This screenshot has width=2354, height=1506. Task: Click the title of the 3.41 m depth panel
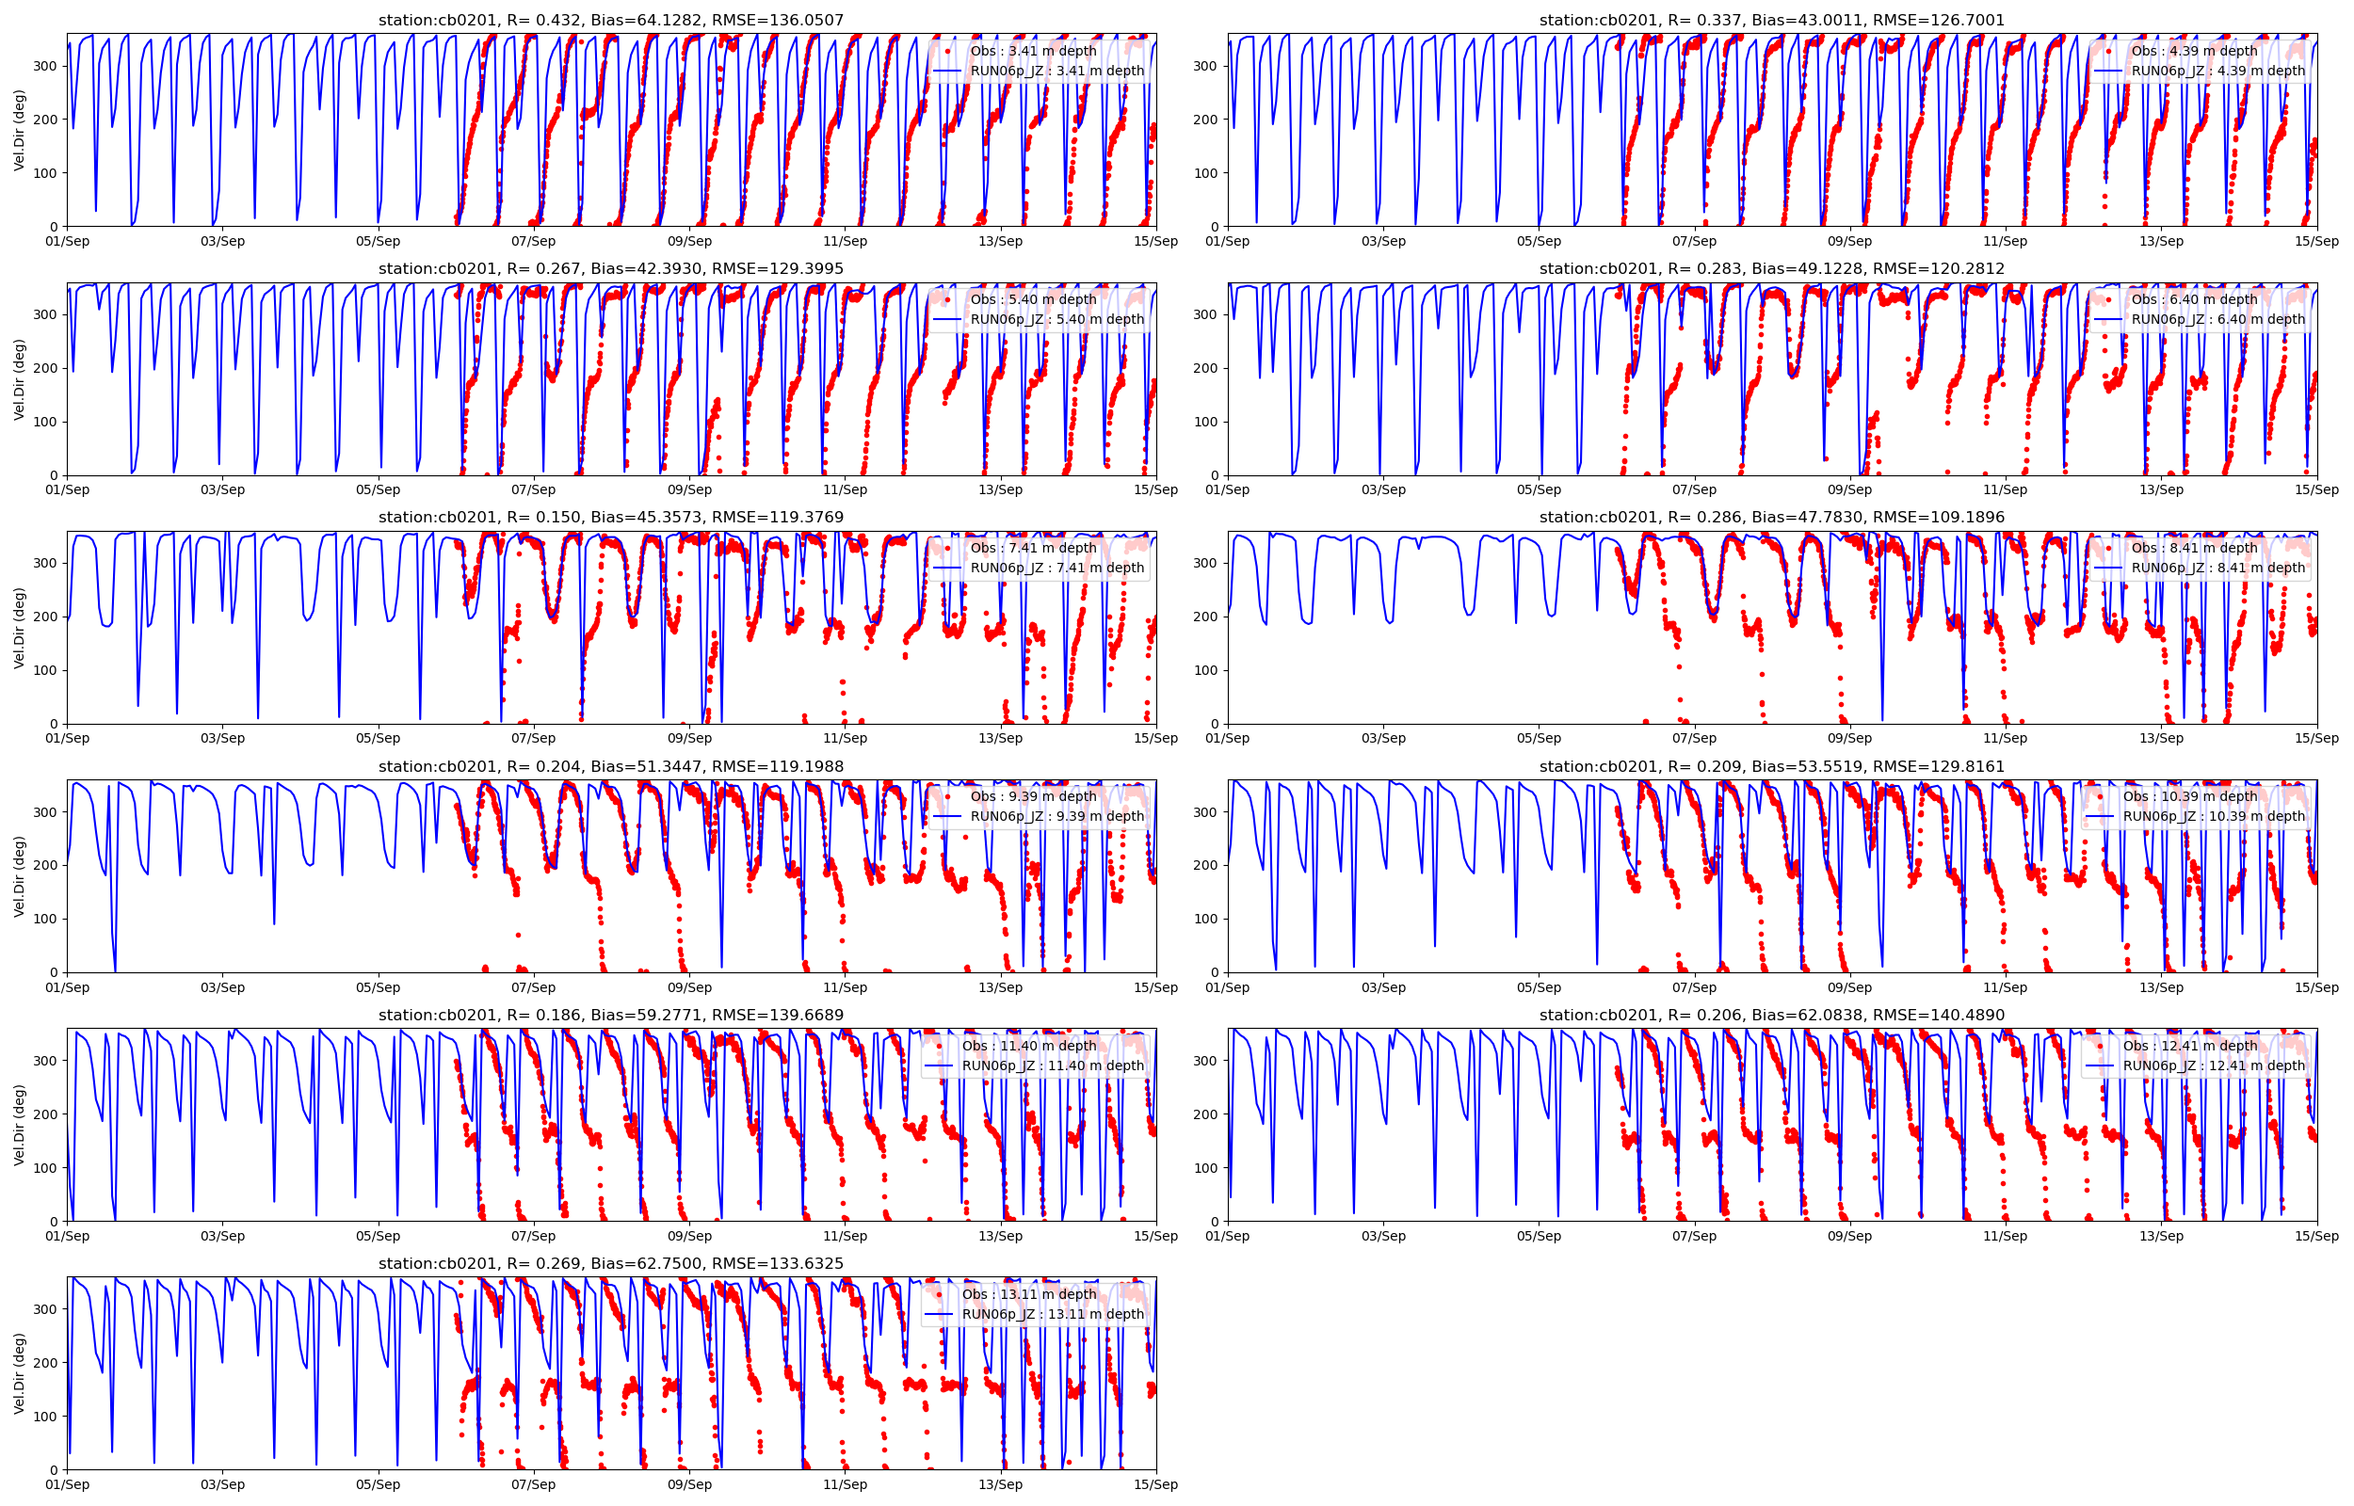(x=610, y=21)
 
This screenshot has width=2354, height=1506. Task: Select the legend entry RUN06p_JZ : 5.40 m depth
(x=1056, y=319)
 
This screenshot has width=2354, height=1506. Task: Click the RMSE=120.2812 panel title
(x=1771, y=269)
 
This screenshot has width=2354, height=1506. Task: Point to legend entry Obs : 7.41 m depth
(x=1033, y=548)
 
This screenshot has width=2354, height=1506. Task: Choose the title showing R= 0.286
(x=1771, y=518)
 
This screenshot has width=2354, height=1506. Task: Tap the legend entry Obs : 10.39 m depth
(x=2190, y=797)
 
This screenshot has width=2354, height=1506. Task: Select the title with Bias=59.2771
(x=610, y=1015)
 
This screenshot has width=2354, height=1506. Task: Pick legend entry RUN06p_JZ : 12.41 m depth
(x=2213, y=1065)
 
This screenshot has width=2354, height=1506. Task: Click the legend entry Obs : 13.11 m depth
(x=1029, y=1294)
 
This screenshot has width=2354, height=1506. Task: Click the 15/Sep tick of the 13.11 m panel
(x=1155, y=1484)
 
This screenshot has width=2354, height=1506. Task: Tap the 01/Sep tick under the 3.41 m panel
(x=68, y=242)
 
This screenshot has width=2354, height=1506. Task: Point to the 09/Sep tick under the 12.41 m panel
(x=1849, y=1236)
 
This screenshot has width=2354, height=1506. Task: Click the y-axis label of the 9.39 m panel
(x=20, y=876)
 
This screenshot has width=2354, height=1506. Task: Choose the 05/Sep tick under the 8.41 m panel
(x=1539, y=738)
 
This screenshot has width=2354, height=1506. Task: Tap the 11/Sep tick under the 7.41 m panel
(x=844, y=738)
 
